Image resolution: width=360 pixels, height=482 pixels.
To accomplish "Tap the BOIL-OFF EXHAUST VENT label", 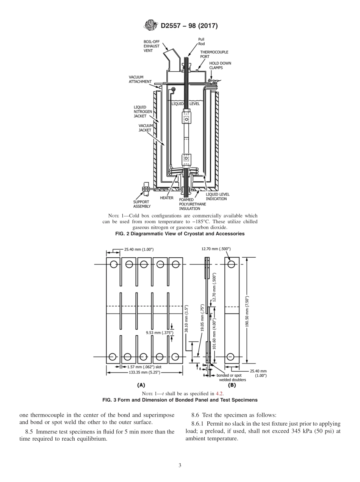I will tap(151, 46).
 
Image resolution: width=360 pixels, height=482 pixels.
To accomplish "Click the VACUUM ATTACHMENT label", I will tap(140, 79).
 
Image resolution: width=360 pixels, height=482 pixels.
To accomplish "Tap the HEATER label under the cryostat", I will tap(167, 198).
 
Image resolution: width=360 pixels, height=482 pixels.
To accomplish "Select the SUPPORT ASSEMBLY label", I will tap(142, 204).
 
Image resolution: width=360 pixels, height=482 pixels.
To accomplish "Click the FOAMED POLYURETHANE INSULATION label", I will tap(192, 204).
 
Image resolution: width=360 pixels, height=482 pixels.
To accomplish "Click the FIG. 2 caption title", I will tap(180, 234).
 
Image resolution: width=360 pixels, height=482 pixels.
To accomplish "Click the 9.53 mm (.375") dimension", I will tap(160, 333).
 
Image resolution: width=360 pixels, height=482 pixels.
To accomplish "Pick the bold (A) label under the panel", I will tap(141, 385).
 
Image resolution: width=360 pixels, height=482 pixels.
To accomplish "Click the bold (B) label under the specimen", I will tap(232, 385).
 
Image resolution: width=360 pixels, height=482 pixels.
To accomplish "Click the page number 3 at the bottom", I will tap(180, 465).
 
